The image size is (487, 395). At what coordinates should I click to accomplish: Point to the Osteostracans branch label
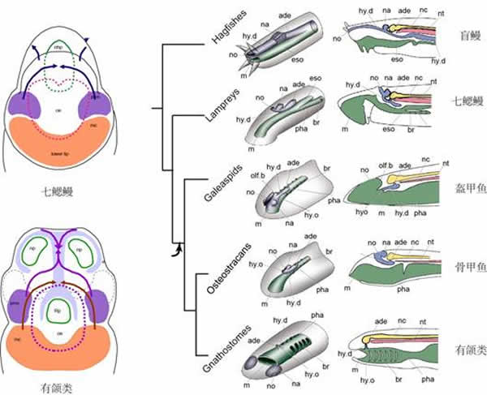click(217, 268)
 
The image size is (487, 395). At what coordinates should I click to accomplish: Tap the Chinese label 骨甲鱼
click(469, 265)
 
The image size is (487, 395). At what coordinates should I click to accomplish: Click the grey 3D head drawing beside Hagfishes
click(286, 45)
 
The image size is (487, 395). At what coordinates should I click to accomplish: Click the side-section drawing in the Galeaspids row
click(398, 193)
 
